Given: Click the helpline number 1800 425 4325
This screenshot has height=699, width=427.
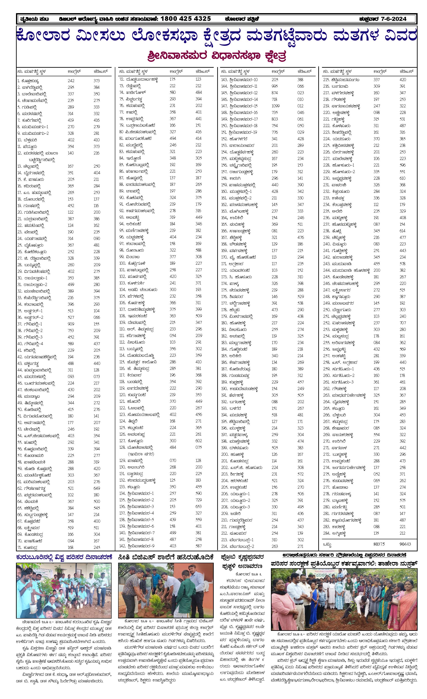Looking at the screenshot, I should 186,19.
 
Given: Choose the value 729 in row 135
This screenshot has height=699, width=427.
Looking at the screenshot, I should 199,500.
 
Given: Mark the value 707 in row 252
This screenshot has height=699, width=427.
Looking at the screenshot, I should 403,323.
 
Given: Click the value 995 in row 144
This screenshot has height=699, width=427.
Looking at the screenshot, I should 275,86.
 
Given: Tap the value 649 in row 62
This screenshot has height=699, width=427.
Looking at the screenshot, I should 97,488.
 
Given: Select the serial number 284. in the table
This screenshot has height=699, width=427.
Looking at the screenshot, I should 326,533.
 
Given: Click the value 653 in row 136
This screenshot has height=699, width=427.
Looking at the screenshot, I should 199,506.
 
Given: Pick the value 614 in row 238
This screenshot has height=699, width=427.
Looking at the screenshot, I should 403,231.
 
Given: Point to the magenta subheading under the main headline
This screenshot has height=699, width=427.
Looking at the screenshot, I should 217,56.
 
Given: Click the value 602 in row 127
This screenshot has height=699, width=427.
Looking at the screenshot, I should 199,441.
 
